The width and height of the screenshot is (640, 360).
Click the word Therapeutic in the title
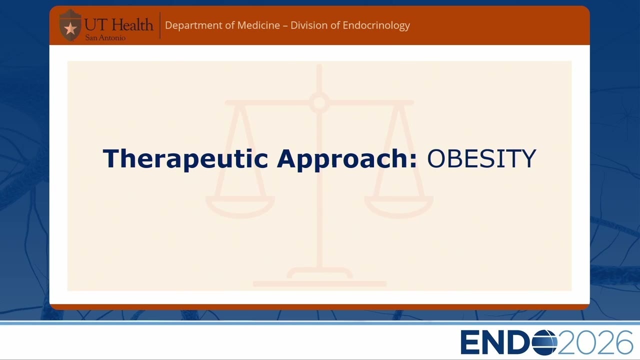pyautogui.click(x=185, y=159)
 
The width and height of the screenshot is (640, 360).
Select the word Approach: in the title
pyautogui.click(x=347, y=159)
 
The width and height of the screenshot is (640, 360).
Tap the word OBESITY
pyautogui.click(x=481, y=159)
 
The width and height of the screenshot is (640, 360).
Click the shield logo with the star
pyautogui.click(x=70, y=25)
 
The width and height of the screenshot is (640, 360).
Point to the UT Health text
pyautogui.click(x=118, y=25)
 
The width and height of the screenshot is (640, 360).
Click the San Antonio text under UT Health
pyautogui.click(x=105, y=37)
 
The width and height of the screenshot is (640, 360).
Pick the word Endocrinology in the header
pyautogui.click(x=376, y=25)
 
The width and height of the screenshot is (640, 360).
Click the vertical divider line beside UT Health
pyautogui.click(x=160, y=25)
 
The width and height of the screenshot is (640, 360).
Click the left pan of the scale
pyautogui.click(x=240, y=206)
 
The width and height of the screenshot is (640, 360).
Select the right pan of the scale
pyautogui.click(x=399, y=206)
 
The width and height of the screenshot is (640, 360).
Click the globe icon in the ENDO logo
pyautogui.click(x=544, y=342)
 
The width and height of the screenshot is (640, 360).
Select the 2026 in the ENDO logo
pyautogui.click(x=595, y=342)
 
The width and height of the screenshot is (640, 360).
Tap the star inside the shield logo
pyautogui.click(x=70, y=28)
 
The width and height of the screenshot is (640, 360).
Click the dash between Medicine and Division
pyautogui.click(x=285, y=26)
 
